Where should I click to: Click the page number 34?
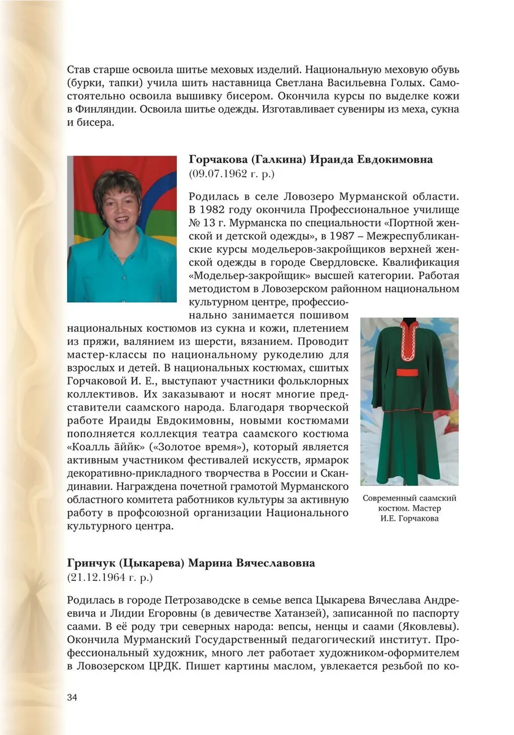(72, 697)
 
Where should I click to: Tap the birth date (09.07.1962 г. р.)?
(232, 174)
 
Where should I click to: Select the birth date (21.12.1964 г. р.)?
(110, 578)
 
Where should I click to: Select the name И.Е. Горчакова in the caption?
(410, 518)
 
